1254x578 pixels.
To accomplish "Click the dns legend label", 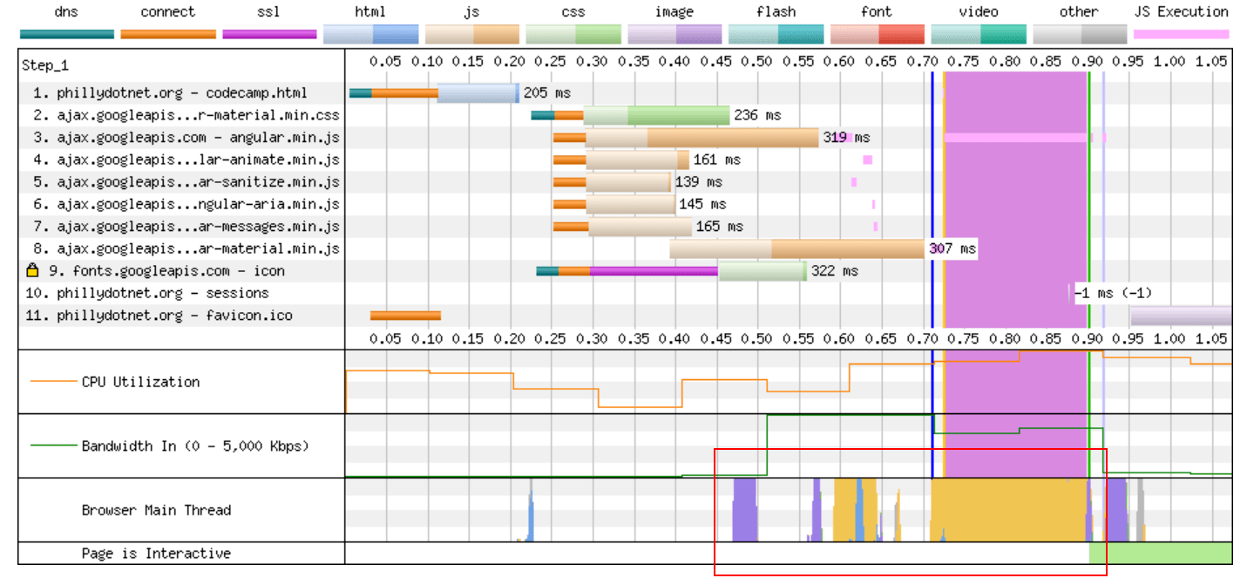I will coord(66,12).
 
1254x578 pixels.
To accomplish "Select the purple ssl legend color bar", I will coord(269,34).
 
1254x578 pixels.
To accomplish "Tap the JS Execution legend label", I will coord(1181,12).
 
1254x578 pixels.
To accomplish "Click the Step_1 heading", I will coord(45,66).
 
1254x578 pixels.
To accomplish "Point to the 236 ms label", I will coord(757,115).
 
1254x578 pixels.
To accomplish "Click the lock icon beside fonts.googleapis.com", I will coord(33,270).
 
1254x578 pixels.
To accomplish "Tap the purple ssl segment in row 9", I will coord(654,271).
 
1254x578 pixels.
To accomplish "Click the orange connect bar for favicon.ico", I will coord(405,316).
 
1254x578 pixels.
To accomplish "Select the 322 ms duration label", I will coord(834,271).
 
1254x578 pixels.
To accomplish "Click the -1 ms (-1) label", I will coord(1112,293).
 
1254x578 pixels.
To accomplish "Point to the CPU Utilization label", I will coord(140,382).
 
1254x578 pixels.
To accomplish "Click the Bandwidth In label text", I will coord(195,445).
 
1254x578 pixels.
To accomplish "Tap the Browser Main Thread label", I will coord(156,510).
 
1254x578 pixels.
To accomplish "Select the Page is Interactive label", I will coord(156,554).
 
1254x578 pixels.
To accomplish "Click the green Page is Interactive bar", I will coord(1160,554).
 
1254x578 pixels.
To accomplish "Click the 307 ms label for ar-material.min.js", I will coord(952,249).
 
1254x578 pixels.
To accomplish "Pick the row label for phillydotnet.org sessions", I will coord(162,293).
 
